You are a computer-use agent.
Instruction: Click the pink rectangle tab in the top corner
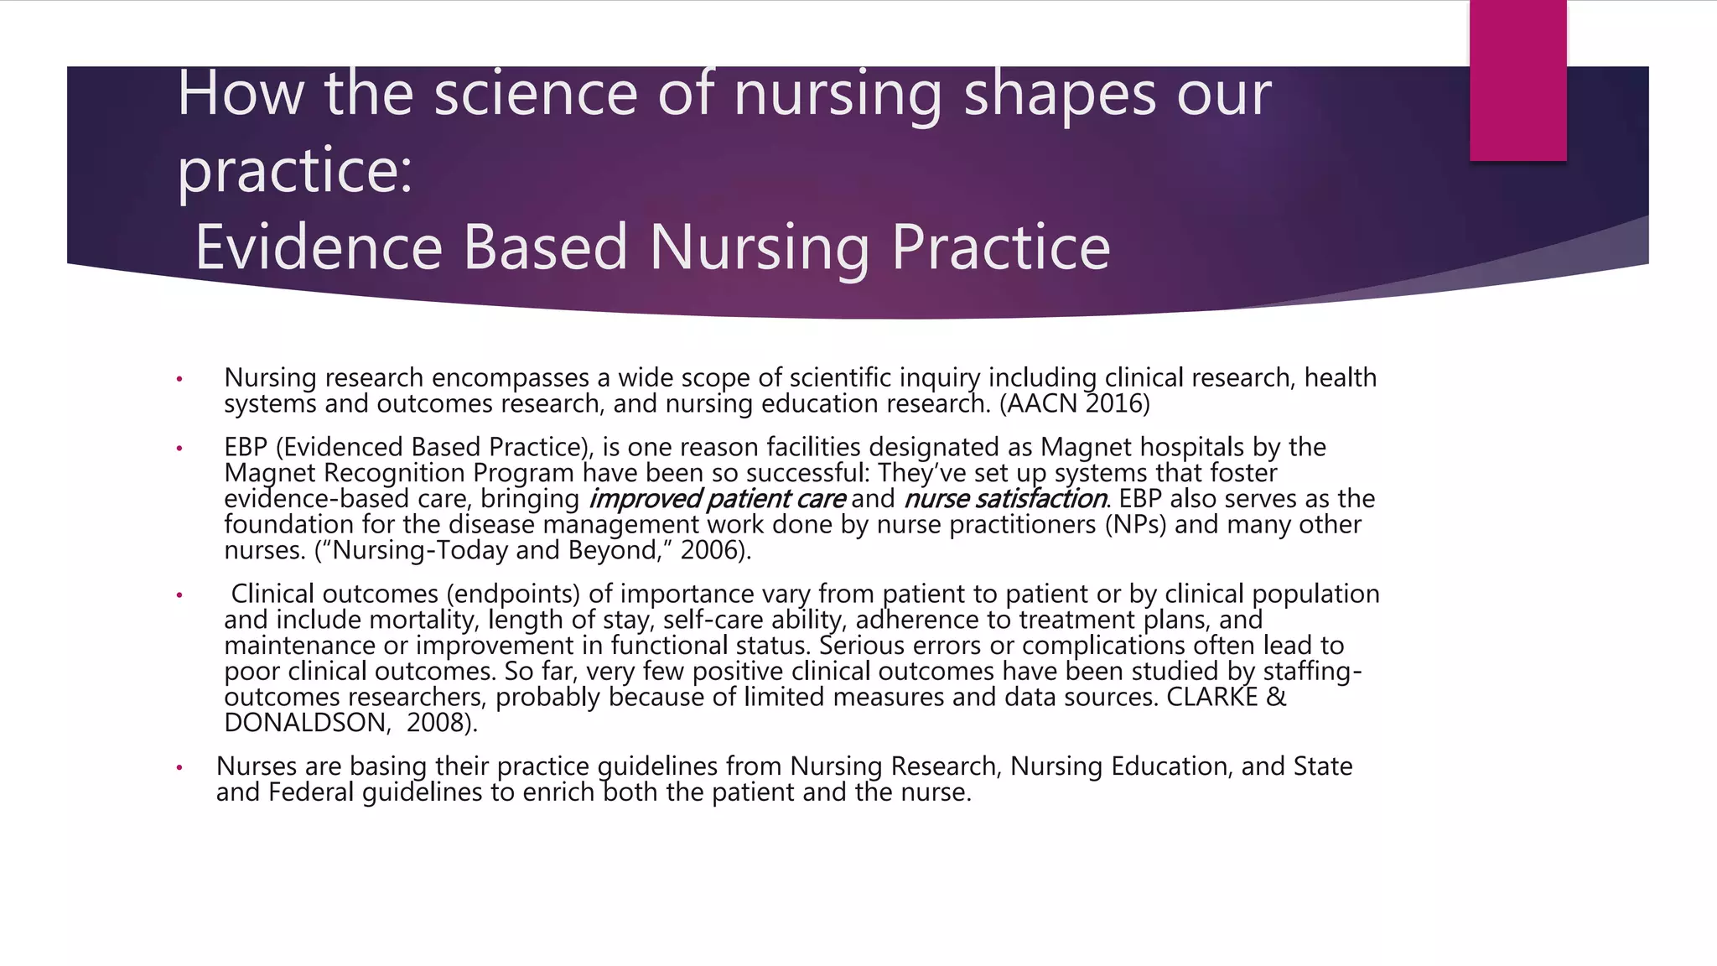(x=1517, y=80)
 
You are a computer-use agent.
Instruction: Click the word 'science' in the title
(x=536, y=94)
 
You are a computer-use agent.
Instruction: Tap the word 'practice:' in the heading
(x=295, y=171)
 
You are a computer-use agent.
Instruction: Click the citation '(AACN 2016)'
(x=1075, y=404)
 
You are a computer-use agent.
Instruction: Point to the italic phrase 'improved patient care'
(x=718, y=499)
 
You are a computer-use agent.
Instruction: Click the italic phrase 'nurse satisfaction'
(x=1005, y=499)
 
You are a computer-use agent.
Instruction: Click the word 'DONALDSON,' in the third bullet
(x=308, y=723)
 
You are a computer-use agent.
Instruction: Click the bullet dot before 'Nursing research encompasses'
(x=179, y=380)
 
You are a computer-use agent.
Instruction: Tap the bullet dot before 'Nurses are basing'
(x=179, y=768)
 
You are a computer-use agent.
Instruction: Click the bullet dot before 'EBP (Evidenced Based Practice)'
(x=179, y=449)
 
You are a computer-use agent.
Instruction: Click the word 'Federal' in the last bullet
(x=311, y=792)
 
